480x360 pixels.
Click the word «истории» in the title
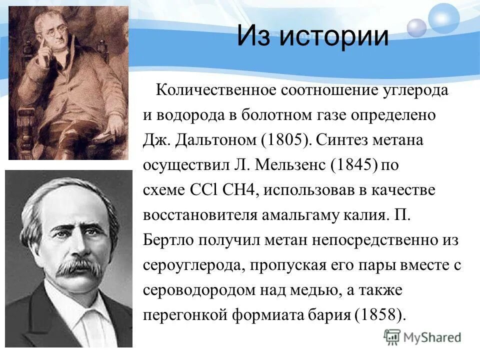pyautogui.click(x=333, y=36)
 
